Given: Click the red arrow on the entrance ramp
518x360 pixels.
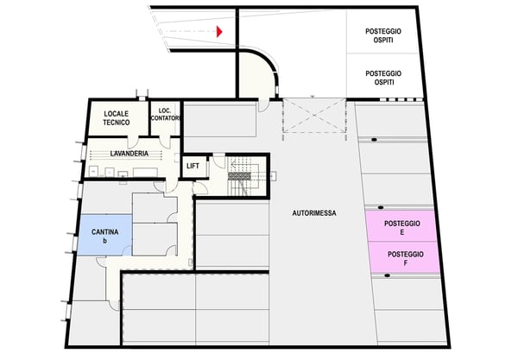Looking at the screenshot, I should pyautogui.click(x=219, y=32).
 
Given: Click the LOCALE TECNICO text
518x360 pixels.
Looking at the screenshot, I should pyautogui.click(x=117, y=118).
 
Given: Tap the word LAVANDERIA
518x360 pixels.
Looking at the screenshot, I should pyautogui.click(x=129, y=154).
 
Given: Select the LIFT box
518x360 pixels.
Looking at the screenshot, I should pyautogui.click(x=193, y=166).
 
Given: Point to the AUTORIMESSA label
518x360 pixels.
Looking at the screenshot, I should pyautogui.click(x=314, y=213).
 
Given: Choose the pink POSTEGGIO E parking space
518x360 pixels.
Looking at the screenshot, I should pyautogui.click(x=403, y=227).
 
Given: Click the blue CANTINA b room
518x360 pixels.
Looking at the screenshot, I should pyautogui.click(x=104, y=234).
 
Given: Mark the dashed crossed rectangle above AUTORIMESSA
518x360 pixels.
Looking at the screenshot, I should pyautogui.click(x=315, y=115).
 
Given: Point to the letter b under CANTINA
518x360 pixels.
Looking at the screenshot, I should pyautogui.click(x=104, y=240).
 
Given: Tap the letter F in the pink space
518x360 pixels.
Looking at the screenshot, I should pyautogui.click(x=405, y=264).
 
